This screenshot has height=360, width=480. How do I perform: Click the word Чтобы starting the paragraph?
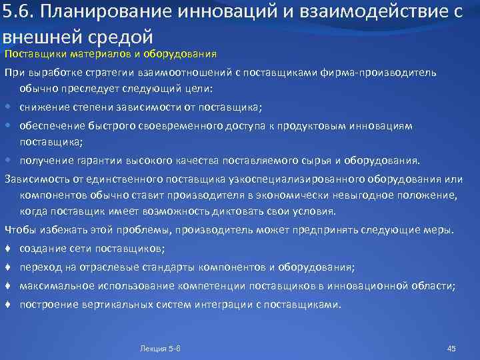tap(20, 230)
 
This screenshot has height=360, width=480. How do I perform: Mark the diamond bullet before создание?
tap(7, 249)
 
